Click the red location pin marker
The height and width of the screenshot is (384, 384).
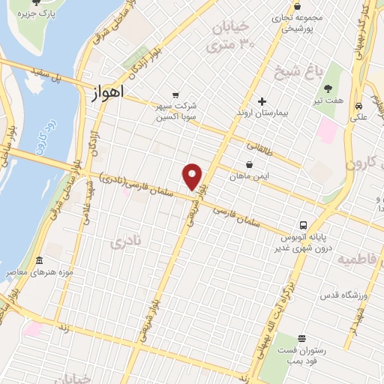193,175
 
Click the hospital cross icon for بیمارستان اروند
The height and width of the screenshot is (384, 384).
262,101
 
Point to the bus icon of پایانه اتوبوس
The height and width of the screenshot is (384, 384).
303,224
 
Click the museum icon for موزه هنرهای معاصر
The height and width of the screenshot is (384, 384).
39,261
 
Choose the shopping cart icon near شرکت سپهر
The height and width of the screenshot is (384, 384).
175,94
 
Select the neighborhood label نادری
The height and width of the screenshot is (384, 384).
125,242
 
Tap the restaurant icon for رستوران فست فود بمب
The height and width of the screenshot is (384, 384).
301,339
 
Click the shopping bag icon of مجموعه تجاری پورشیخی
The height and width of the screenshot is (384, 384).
298,5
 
